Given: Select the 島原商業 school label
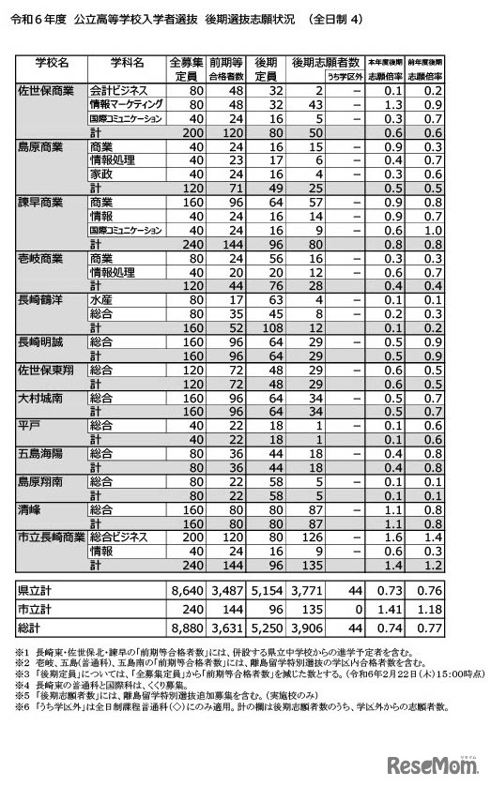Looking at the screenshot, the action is point(44,147).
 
